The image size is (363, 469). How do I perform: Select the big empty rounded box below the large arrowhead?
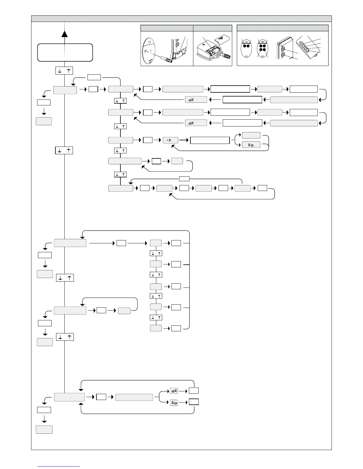[65, 52]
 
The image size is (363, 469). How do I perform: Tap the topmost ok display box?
[196, 99]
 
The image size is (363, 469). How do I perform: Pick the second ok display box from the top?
[196, 123]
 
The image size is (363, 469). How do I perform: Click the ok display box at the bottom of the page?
[174, 391]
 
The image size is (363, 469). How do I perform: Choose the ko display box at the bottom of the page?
[174, 403]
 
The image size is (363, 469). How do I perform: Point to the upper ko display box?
[251, 145]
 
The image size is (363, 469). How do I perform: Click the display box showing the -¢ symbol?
[171, 140]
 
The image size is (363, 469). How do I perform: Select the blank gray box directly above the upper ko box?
[251, 135]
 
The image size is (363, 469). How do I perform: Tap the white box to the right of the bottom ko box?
[194, 402]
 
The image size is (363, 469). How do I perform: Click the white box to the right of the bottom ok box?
[194, 391]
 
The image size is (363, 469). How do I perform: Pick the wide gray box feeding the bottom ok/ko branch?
[134, 397]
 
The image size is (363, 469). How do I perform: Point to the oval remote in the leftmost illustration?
[151, 51]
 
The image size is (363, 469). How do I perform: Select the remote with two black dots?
[246, 49]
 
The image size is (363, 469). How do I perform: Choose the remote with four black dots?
[262, 49]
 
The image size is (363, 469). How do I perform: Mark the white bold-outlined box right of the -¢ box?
[210, 140]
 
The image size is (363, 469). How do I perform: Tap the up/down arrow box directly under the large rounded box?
[64, 71]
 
